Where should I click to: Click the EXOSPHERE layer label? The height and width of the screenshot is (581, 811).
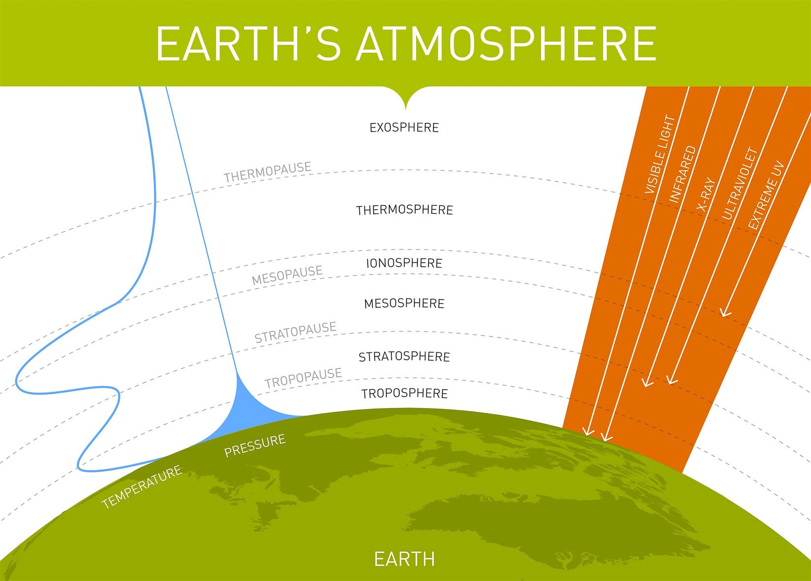(x=404, y=128)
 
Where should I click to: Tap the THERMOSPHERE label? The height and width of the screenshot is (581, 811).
(x=404, y=210)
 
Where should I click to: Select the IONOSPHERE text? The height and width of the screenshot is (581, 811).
(x=404, y=263)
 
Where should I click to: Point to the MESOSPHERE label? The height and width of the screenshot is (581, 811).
(x=404, y=303)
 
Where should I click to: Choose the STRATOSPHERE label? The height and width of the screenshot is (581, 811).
(x=404, y=356)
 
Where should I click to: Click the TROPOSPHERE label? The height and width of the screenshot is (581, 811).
(x=404, y=393)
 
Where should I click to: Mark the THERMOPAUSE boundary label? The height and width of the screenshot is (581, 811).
(x=267, y=172)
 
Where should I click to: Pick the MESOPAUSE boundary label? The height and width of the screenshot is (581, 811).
(x=287, y=275)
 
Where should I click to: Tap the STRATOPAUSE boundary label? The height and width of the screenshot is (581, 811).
(x=295, y=332)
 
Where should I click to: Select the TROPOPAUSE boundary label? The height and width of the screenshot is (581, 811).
(x=303, y=378)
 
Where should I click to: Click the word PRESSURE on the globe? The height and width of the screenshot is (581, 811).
(x=255, y=445)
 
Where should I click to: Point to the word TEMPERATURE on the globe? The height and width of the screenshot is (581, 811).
(x=141, y=486)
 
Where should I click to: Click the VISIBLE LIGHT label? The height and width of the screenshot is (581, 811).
(x=660, y=154)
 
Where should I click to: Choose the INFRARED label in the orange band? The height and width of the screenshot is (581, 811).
(x=682, y=174)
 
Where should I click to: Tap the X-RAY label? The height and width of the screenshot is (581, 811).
(x=706, y=194)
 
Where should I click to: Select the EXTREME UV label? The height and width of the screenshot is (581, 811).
(x=766, y=195)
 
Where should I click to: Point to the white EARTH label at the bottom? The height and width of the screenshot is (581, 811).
(x=404, y=559)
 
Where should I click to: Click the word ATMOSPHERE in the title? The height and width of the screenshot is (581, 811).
(x=506, y=44)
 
